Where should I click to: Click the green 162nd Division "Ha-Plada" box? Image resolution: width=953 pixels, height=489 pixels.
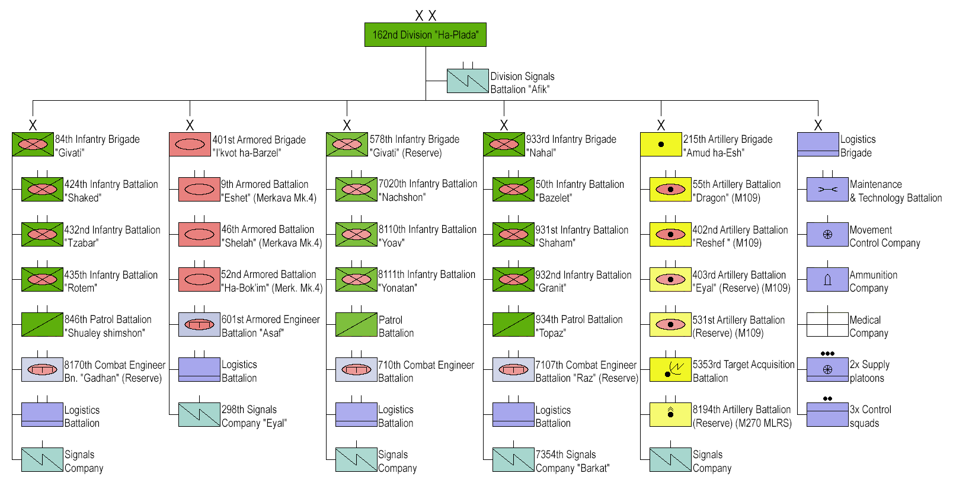[425, 35]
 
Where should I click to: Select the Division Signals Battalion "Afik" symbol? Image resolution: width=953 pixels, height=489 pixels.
[468, 81]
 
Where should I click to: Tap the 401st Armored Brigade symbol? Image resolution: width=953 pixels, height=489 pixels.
[190, 145]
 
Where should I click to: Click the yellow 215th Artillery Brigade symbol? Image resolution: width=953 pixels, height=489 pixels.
[661, 145]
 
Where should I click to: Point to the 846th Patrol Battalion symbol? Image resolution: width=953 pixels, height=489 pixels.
[42, 324]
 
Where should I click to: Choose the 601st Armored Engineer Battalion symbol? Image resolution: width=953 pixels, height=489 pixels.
[199, 325]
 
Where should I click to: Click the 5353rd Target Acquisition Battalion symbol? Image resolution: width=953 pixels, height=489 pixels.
[670, 370]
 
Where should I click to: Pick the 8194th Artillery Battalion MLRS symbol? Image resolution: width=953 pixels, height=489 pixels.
[670, 414]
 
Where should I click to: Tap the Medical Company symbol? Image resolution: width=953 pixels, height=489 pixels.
[827, 325]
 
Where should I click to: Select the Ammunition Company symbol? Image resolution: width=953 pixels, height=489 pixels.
[827, 279]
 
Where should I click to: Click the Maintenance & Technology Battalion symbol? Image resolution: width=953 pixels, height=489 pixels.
[827, 190]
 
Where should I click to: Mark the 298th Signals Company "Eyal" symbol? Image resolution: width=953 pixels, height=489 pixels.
[199, 415]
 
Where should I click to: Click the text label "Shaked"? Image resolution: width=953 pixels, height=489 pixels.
[82, 198]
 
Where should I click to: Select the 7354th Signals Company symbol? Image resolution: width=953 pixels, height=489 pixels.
[513, 459]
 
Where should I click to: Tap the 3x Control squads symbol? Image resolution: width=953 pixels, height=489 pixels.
[827, 414]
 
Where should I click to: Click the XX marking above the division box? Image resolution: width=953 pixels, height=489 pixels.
[426, 16]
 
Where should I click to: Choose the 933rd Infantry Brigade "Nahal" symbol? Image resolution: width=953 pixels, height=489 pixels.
[504, 145]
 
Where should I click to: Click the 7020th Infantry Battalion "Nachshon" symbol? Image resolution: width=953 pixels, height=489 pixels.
[356, 190]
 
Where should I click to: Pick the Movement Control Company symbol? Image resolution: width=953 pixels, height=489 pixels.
[827, 235]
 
